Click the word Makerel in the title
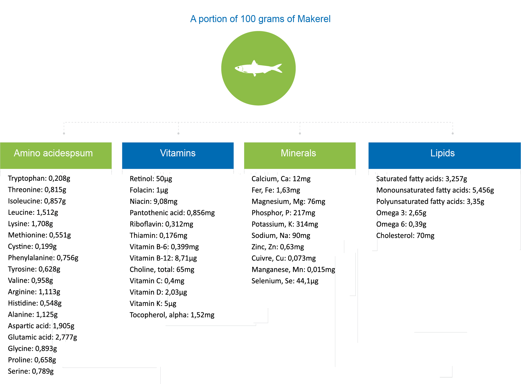click(314, 19)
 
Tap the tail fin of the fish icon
click(278, 68)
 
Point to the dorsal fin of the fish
click(254, 63)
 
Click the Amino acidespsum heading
click(53, 153)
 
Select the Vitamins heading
click(178, 153)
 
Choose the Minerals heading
click(298, 153)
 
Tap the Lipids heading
click(442, 153)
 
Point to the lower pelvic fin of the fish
click(255, 75)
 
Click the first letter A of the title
click(193, 19)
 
